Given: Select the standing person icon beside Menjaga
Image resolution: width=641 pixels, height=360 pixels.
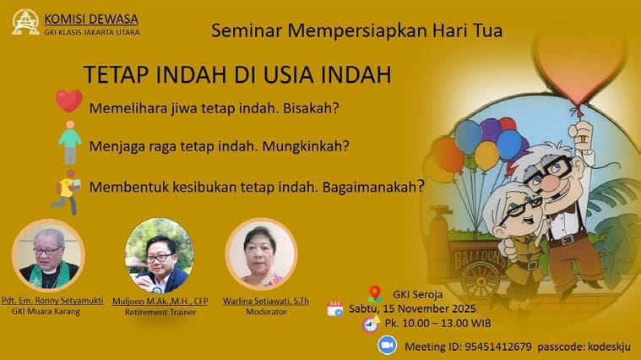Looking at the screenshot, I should pyautogui.click(x=70, y=141).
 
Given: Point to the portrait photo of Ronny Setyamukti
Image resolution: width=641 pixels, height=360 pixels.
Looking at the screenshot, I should pyautogui.click(x=48, y=256).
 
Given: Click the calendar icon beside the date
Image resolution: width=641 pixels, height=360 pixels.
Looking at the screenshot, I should pyautogui.click(x=335, y=309).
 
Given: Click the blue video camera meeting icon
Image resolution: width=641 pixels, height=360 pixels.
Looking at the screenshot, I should pyautogui.click(x=388, y=345).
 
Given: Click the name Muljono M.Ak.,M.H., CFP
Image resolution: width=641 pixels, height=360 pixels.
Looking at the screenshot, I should pyautogui.click(x=160, y=301).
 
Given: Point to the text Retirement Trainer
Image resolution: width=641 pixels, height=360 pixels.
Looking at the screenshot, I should pyautogui.click(x=160, y=312).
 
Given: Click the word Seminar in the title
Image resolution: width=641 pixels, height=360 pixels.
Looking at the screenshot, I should pyautogui.click(x=246, y=32).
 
